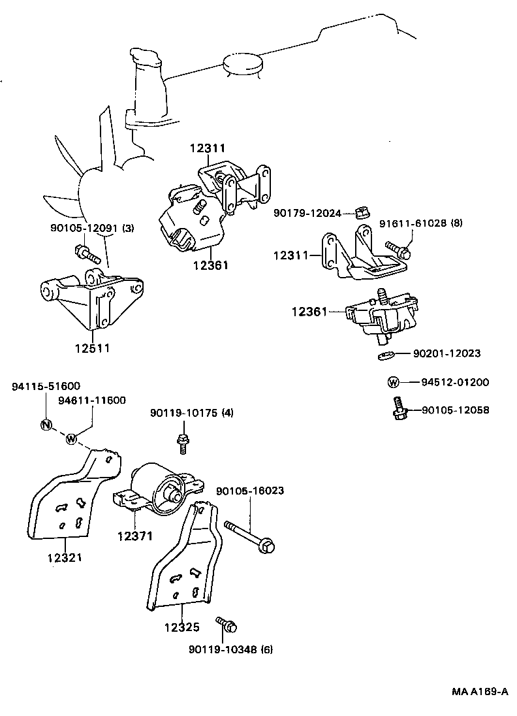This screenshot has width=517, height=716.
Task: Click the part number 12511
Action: point(91,348)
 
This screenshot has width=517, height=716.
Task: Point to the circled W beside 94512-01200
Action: point(394,382)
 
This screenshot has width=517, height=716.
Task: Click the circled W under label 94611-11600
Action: point(72,438)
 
